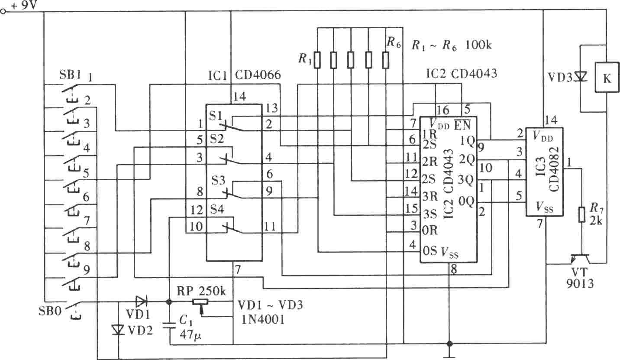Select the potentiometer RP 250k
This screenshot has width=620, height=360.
[x=200, y=302]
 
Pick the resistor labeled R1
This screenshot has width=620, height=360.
[x=317, y=60]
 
